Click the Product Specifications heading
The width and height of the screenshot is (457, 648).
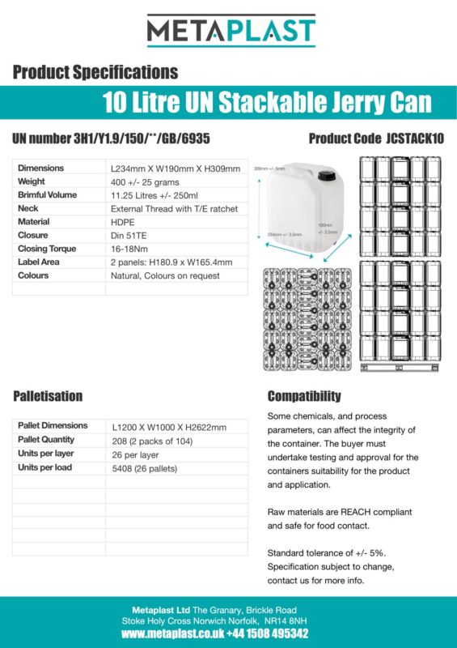pyautogui.click(x=95, y=72)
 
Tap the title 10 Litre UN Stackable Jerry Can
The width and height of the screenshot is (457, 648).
pyautogui.click(x=267, y=103)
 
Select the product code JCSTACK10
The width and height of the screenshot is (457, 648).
pyautogui.click(x=416, y=139)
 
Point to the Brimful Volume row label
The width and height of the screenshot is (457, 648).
pyautogui.click(x=48, y=195)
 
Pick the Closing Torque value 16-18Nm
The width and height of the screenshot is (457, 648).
pyautogui.click(x=129, y=249)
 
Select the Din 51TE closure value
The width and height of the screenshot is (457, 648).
pyautogui.click(x=130, y=236)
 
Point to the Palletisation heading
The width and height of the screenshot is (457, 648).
pyautogui.click(x=48, y=396)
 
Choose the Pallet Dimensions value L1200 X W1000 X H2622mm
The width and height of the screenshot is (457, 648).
pyautogui.click(x=169, y=427)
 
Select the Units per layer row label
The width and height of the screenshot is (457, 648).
pyautogui.click(x=45, y=454)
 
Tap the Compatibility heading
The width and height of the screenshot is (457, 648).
pyautogui.click(x=304, y=396)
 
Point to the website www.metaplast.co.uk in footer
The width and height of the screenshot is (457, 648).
pyautogui.click(x=171, y=633)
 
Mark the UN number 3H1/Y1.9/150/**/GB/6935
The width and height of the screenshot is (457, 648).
pyautogui.click(x=112, y=139)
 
